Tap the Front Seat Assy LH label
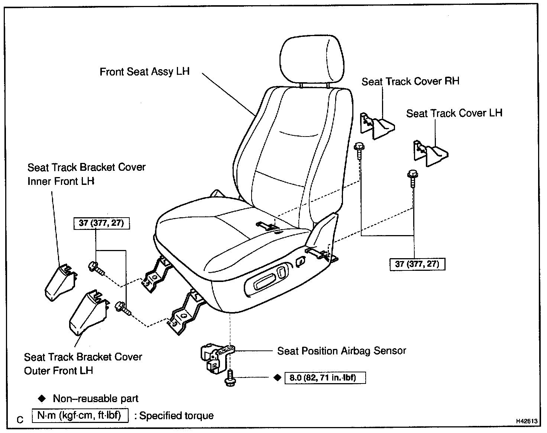(145, 71)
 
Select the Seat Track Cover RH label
(410, 81)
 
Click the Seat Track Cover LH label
(454, 113)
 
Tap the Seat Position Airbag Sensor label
(342, 351)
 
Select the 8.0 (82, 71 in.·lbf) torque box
(325, 378)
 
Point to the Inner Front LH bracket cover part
(61, 282)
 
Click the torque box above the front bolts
(101, 223)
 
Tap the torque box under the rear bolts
(417, 264)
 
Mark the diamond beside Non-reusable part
(42, 399)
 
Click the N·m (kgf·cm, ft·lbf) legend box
(80, 415)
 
